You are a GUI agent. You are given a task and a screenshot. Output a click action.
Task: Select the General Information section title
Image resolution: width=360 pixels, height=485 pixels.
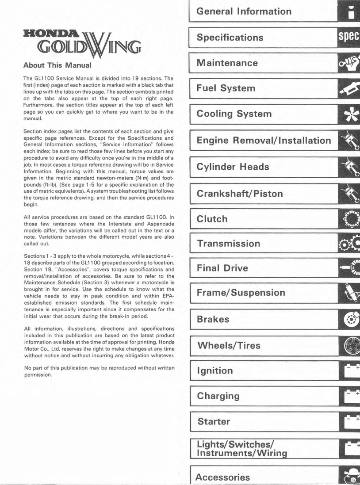tap(244, 11)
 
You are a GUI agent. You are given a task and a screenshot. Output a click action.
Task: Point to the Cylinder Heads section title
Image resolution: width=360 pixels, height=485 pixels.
tap(233, 167)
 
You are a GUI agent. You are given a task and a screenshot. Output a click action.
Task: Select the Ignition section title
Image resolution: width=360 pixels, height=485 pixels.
tap(214, 370)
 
